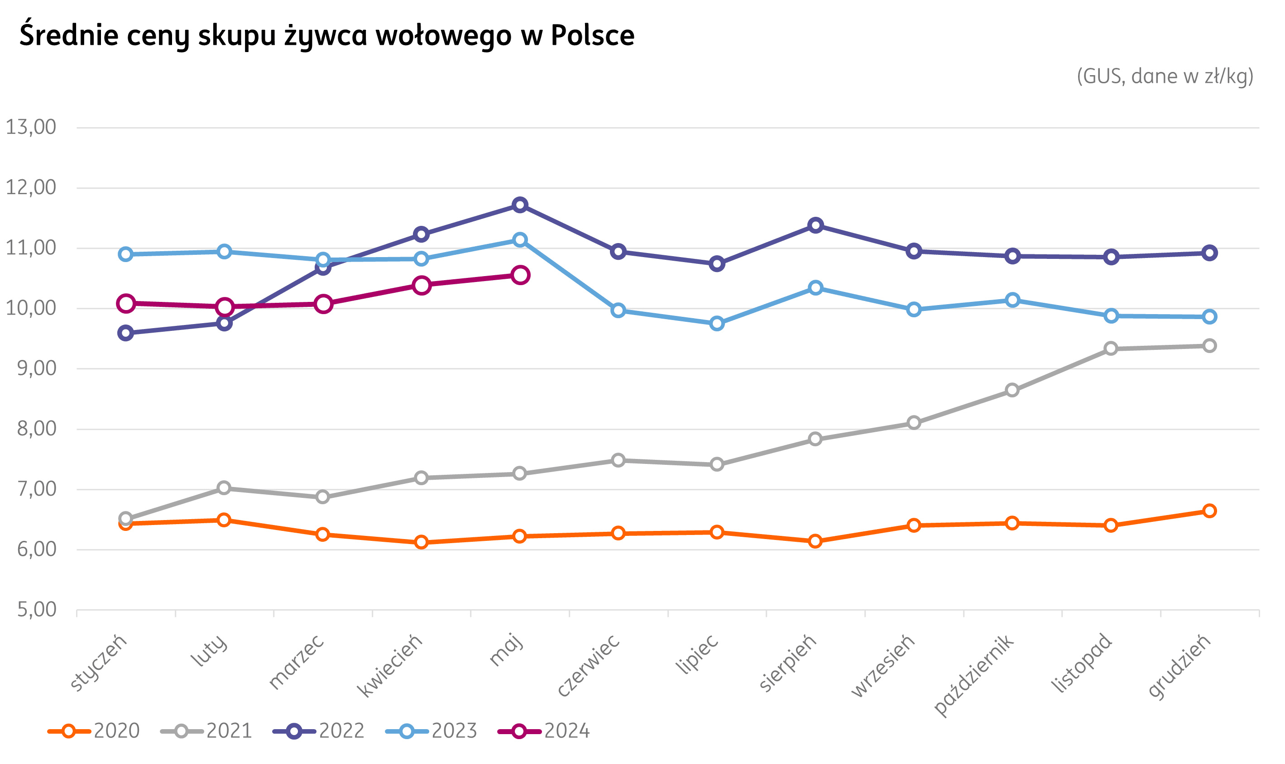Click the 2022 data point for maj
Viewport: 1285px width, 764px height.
coord(520,205)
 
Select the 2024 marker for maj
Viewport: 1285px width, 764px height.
coord(520,276)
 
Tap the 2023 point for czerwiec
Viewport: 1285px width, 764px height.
coord(618,310)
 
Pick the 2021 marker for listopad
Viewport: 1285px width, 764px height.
coord(1111,349)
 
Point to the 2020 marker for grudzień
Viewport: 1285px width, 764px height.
coord(1209,511)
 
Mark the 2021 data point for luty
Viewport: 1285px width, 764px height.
coord(224,487)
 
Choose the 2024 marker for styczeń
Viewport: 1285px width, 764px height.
coord(126,303)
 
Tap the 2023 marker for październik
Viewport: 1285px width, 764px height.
coord(1012,300)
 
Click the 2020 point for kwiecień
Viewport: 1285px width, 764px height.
coord(421,542)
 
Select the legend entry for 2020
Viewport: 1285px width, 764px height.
coord(94,731)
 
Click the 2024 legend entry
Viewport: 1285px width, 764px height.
coord(544,731)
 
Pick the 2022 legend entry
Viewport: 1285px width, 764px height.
coord(319,731)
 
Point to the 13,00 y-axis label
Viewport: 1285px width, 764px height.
coord(31,127)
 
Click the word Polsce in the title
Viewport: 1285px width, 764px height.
coord(592,35)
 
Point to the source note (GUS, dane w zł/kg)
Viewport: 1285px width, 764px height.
coord(1165,76)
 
